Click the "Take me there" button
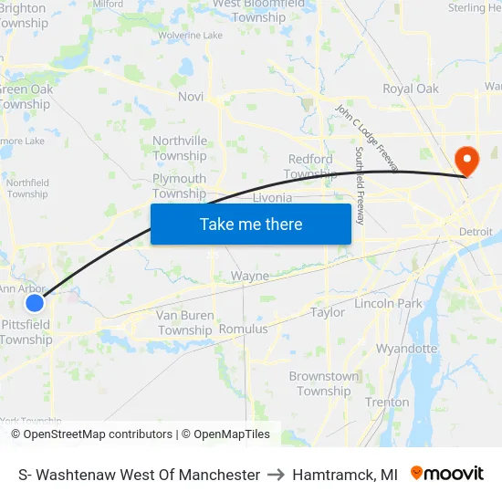point(251,224)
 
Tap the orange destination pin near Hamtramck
point(466,162)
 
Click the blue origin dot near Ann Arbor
point(34,302)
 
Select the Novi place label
point(191,97)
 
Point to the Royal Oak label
point(411,89)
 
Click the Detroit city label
point(476,232)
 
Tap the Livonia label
point(272,197)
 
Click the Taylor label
point(328,312)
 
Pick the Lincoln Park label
point(389,303)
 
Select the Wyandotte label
point(407,349)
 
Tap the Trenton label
point(387,402)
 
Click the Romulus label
point(244,329)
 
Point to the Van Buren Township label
point(185,322)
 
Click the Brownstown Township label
point(324,383)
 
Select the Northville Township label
point(180,148)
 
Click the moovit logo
point(447,474)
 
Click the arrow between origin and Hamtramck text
point(276,475)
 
